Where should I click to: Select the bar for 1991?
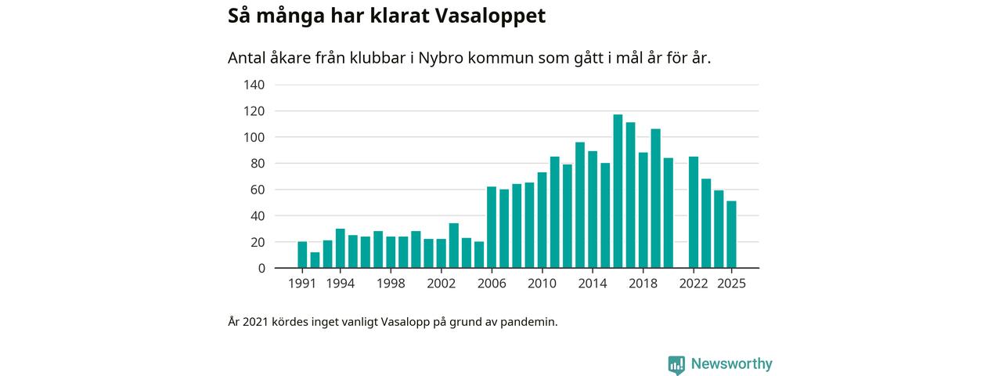(302, 255)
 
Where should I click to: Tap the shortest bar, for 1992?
(315, 260)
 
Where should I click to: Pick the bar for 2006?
(492, 227)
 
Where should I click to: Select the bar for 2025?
(731, 235)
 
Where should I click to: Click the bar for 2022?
(694, 212)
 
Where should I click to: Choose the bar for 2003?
(453, 246)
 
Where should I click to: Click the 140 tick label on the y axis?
(254, 85)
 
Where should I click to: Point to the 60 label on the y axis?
(258, 190)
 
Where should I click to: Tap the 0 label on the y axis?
(261, 269)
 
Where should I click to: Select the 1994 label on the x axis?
(340, 284)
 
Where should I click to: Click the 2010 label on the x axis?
(542, 284)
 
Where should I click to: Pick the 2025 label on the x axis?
(731, 284)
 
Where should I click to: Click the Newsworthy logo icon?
(676, 364)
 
